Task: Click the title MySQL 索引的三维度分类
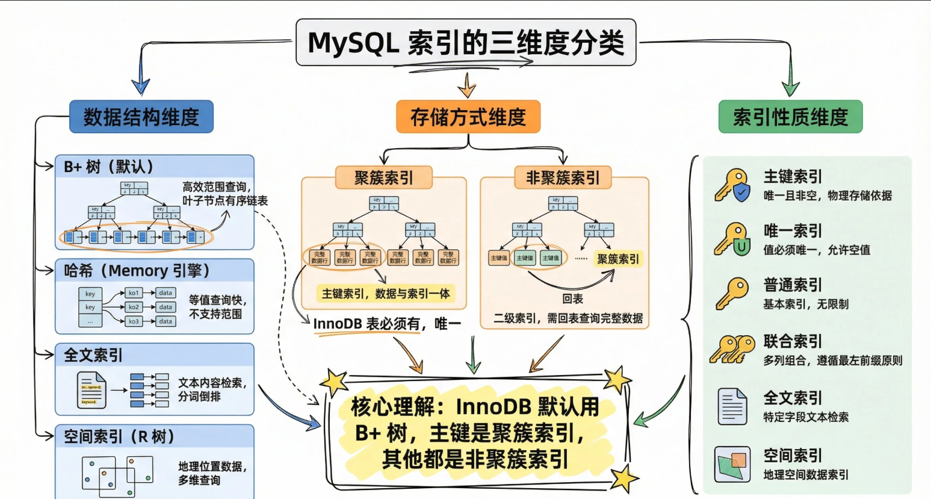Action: tap(466, 43)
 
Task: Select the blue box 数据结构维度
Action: tap(141, 117)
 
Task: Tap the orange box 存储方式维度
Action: tap(468, 117)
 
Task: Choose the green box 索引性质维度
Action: tap(790, 117)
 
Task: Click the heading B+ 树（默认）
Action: tap(109, 167)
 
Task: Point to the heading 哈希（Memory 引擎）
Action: tap(137, 271)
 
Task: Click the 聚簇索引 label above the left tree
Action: tap(384, 178)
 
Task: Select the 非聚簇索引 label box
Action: tap(563, 178)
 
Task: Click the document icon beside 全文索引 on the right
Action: tap(732, 406)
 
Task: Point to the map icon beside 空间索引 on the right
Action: tap(732, 464)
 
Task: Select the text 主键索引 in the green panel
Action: tap(793, 176)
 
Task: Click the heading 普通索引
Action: tap(793, 285)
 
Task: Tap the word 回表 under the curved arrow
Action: tap(572, 299)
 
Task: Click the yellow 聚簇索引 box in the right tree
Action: tap(618, 259)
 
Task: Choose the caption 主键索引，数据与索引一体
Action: tap(386, 294)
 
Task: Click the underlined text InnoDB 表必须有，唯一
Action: tap(386, 324)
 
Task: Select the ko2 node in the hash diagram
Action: tap(134, 307)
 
